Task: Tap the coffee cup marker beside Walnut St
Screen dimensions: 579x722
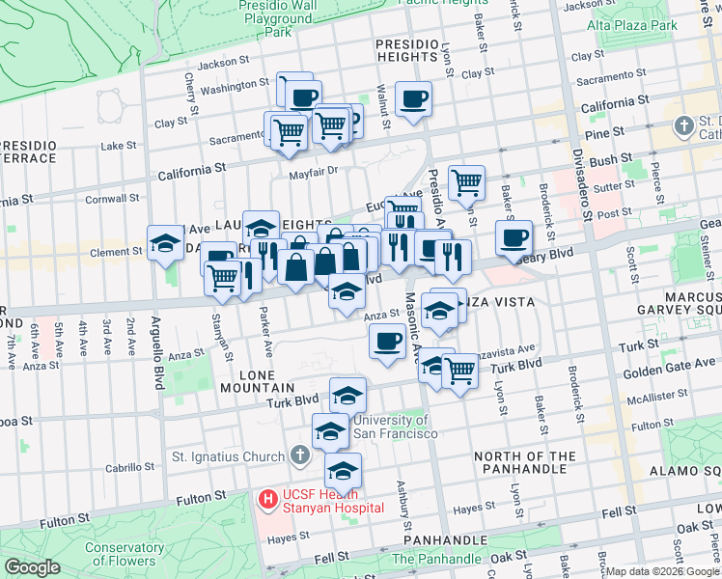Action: point(414,99)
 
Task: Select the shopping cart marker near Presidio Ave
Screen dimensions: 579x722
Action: point(466,181)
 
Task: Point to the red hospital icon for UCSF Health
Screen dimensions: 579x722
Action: point(268,500)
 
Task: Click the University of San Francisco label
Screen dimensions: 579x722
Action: point(395,427)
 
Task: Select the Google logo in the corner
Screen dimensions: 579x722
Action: point(33,567)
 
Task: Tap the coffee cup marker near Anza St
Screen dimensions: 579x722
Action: point(388,342)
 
